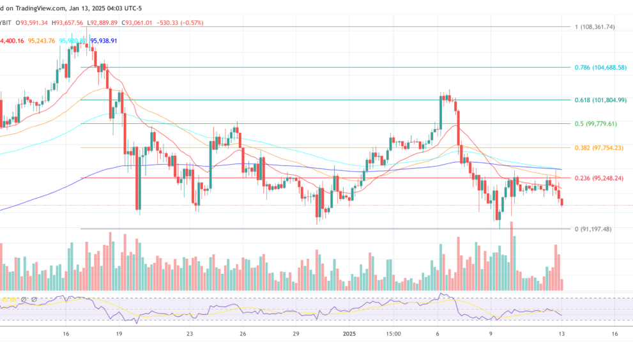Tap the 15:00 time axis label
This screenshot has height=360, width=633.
[x=393, y=334]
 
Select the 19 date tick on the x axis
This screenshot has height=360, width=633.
[x=119, y=334]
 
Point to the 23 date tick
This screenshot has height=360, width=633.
[x=189, y=334]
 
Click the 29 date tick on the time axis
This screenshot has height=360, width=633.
[x=295, y=334]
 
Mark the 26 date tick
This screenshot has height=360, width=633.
[x=243, y=334]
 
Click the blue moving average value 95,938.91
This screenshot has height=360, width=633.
[x=104, y=41]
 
